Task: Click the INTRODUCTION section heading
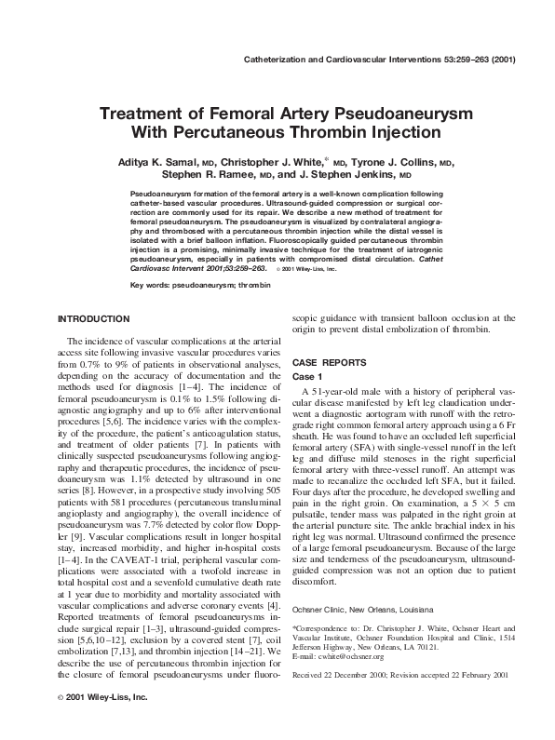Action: [93, 318]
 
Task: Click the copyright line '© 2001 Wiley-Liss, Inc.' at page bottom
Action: [102, 721]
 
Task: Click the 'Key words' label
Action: [152, 282]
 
